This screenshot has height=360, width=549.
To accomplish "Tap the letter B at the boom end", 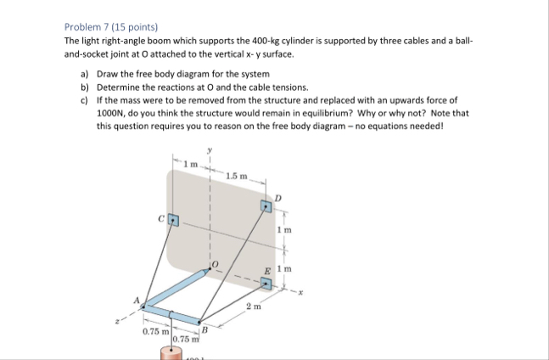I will coord(204,329).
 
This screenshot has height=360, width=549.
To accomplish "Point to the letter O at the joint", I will coord(216,265).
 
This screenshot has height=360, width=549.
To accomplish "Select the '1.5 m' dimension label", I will coord(237,176).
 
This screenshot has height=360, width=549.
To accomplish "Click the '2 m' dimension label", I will coord(252,306).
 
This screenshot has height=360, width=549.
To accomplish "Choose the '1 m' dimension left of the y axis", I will coord(192,161).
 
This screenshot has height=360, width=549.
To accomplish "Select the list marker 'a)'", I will coord(85,75).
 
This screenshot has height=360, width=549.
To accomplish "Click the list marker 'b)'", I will coord(85,87).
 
